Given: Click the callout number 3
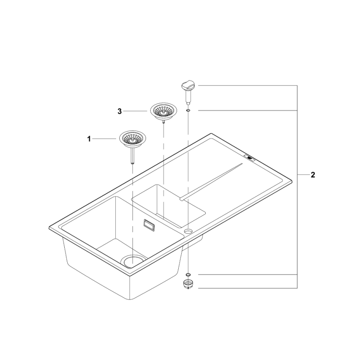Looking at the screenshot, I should click(119, 111).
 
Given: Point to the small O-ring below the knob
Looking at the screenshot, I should click(188, 110).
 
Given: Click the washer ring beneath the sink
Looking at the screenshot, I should click(188, 275).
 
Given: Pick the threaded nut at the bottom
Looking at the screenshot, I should click(188, 285).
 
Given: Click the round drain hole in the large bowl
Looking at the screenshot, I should click(133, 260).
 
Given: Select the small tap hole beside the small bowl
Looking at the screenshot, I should click(188, 230).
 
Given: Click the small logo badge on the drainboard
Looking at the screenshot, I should click(250, 158).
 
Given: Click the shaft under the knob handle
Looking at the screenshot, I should click(188, 97).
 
